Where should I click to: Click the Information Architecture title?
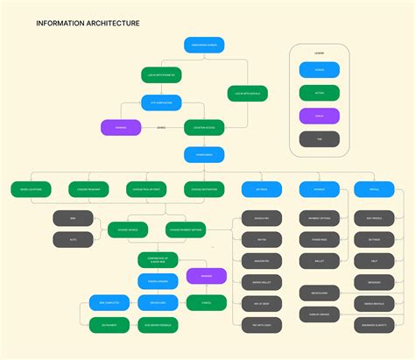[88, 24]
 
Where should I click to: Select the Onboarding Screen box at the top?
[204, 45]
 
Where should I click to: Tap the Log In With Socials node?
[249, 93]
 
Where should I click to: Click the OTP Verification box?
[161, 102]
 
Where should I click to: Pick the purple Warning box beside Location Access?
[121, 128]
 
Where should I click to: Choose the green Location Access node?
[204, 128]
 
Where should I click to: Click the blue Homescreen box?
[204, 154]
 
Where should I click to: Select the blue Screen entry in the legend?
[319, 69]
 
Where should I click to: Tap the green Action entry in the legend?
[319, 92]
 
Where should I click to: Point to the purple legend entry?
[319, 115]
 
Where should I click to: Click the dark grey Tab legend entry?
[319, 138]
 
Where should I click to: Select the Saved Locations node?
[32, 188]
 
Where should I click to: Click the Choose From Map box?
[88, 188]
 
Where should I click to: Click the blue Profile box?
[375, 188]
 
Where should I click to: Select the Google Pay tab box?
[262, 218]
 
